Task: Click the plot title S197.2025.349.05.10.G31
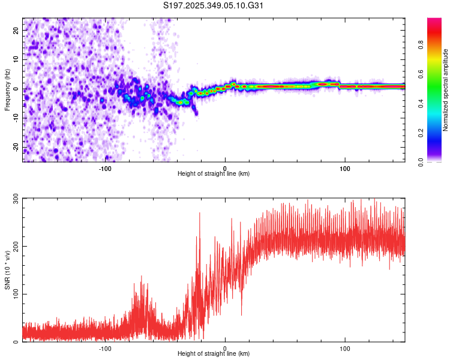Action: click(214, 5)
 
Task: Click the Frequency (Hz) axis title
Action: click(7, 90)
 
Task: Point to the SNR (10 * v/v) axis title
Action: click(7, 269)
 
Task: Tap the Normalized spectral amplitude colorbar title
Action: click(446, 90)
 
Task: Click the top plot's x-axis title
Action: click(214, 174)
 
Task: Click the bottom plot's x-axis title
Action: click(214, 354)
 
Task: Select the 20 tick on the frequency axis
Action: click(16, 30)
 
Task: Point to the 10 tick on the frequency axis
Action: click(16, 59)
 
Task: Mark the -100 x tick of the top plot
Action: click(105, 168)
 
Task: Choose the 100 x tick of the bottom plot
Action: click(345, 348)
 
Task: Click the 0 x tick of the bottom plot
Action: click(225, 348)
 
